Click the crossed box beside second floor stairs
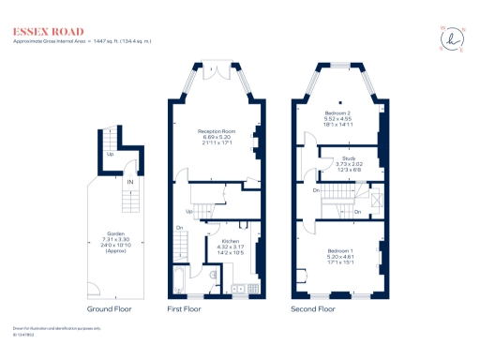pos(377,197)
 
